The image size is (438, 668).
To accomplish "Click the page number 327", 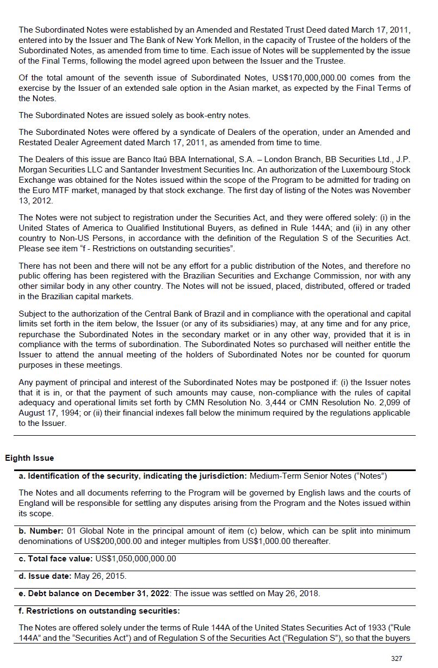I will pyautogui.click(x=397, y=658).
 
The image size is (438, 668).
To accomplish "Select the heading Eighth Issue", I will pyautogui.click(x=29, y=458).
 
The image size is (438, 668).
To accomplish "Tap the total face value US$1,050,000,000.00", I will pyautogui.click(x=135, y=559).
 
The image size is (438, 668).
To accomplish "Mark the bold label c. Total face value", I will pyautogui.click(x=56, y=559).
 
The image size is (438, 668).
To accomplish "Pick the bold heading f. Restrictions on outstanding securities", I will pyautogui.click(x=100, y=611).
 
